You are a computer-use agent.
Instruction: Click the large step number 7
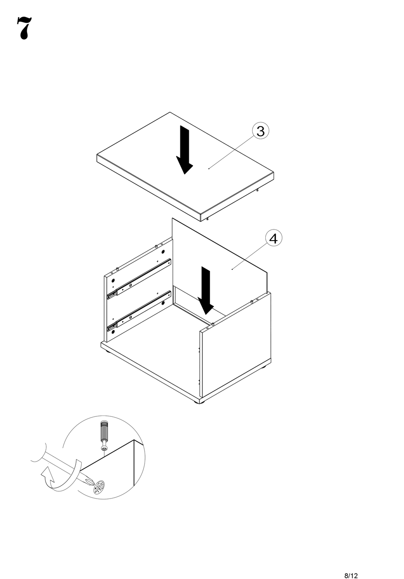pos(24,28)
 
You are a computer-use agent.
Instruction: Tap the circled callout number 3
pos(260,131)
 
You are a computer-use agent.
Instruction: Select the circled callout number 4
pos(273,238)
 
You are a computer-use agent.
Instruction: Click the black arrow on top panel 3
pos(185,150)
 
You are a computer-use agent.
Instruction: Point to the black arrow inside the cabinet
pos(206,290)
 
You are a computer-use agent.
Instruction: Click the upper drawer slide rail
pos(139,279)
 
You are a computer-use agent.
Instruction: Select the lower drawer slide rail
pos(139,311)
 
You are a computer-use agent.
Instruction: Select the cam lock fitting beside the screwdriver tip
pos(99,487)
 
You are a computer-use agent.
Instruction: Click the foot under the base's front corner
pos(200,402)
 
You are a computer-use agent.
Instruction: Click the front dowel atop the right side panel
pos(213,324)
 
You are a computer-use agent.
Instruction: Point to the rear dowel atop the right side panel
pos(252,301)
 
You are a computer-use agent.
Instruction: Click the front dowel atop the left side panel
pos(117,269)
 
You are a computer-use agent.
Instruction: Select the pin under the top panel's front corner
pos(207,219)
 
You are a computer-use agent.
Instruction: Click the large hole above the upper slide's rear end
pos(163,252)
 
